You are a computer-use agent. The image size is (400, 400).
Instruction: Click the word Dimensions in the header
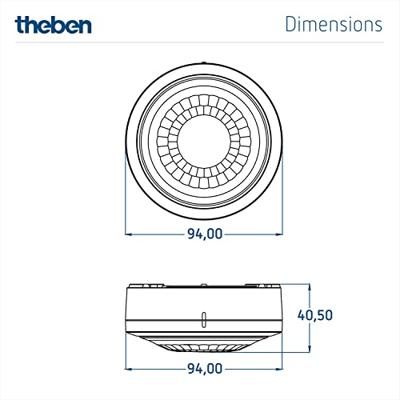click(333, 23)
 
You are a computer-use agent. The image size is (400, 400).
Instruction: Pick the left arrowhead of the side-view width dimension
click(129, 368)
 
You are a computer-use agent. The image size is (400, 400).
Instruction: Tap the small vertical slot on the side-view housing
click(204, 320)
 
